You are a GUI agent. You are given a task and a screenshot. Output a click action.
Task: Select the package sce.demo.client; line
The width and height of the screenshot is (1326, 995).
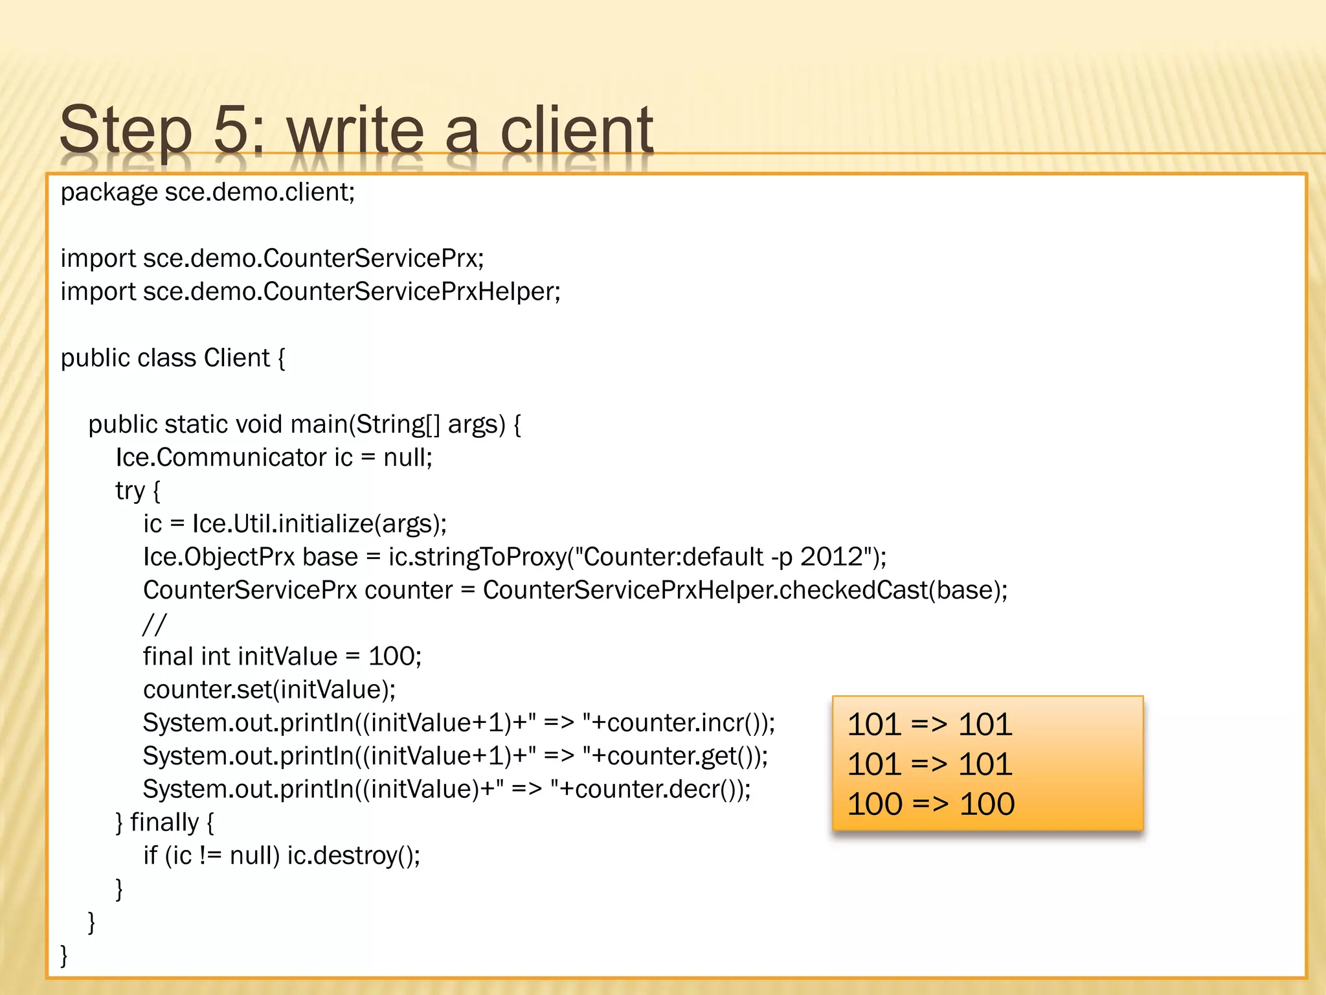[x=208, y=192]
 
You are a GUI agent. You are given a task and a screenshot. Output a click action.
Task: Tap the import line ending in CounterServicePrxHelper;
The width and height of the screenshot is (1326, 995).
[x=311, y=292]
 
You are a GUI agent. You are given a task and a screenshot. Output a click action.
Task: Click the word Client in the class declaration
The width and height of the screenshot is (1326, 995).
[x=236, y=358]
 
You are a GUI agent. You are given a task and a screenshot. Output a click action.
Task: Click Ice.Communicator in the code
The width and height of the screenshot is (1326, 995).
[x=221, y=457]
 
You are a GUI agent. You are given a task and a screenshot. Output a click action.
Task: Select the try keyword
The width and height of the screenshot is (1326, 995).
[x=129, y=491]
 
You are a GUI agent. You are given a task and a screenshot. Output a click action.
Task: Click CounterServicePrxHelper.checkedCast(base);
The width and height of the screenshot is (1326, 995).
[x=745, y=590]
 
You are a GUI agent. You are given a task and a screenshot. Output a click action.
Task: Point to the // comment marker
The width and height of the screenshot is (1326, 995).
[x=154, y=624]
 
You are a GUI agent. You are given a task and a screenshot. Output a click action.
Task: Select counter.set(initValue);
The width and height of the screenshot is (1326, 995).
[x=269, y=689]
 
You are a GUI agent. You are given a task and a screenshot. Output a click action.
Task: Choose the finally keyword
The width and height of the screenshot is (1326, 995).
[x=164, y=823]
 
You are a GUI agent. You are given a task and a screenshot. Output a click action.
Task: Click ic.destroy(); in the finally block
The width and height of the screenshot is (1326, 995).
[x=354, y=856]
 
